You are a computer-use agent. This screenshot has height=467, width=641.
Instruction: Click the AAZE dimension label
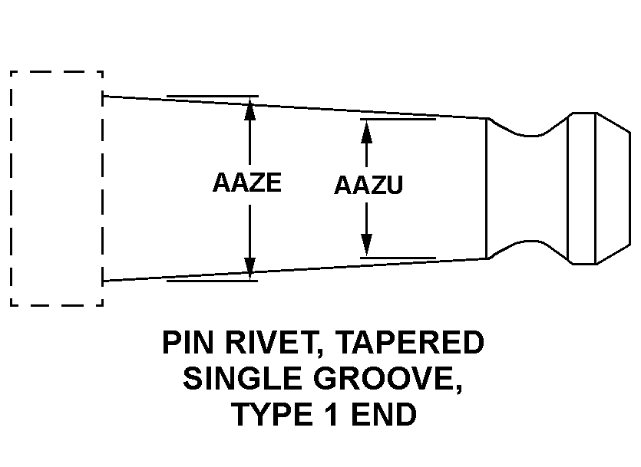tap(246, 184)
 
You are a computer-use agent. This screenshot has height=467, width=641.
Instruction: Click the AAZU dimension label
tap(368, 186)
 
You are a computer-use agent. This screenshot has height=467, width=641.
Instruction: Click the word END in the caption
tap(385, 415)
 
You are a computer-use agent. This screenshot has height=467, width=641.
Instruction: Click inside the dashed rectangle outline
tap(56, 189)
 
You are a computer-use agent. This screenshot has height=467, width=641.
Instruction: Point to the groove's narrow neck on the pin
tap(530, 189)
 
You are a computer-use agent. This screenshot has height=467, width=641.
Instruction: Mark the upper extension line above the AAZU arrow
tap(398, 120)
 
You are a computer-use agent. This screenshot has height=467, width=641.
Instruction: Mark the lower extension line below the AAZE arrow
tap(212, 280)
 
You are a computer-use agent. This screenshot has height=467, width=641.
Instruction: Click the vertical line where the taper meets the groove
tap(488, 189)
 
